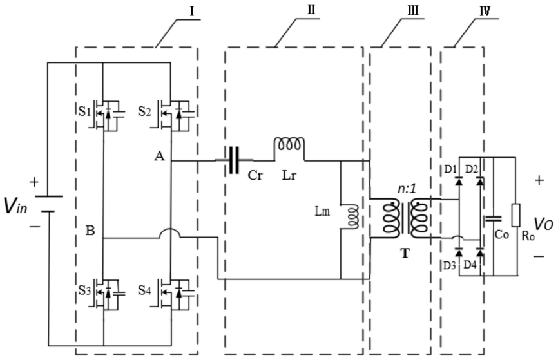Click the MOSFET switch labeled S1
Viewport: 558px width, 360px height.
pos(107,113)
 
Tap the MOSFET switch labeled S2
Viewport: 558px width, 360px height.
pos(175,113)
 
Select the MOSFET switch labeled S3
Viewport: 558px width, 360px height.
pos(107,292)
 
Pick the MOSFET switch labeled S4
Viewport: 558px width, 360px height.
pos(175,292)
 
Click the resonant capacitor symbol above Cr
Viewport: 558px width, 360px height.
pos(234,160)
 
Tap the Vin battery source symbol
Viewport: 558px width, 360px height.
pos(48,204)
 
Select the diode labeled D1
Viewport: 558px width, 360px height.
pos(459,181)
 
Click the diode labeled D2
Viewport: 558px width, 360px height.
pos(480,181)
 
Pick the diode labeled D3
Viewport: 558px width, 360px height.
pos(459,252)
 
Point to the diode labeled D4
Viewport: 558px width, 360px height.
pos(480,252)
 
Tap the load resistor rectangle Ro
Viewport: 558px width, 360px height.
pos(516,215)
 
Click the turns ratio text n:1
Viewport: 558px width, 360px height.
pos(407,189)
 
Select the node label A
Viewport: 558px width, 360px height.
pos(160,155)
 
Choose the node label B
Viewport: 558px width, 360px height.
pos(90,231)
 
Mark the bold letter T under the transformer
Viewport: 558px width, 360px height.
pos(405,253)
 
